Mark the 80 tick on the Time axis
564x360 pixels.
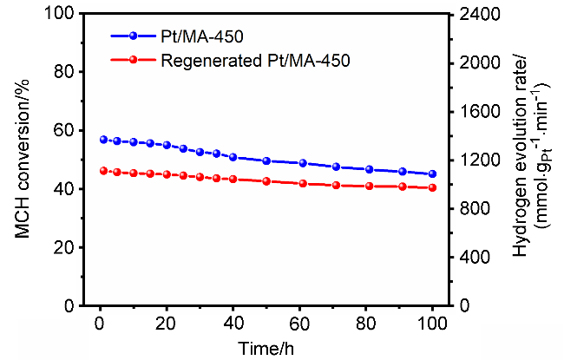pyautogui.click(x=366, y=322)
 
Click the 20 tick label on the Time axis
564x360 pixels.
pyautogui.click(x=167, y=322)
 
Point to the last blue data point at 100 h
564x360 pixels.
pyautogui.click(x=433, y=174)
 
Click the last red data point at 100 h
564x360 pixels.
pyautogui.click(x=433, y=188)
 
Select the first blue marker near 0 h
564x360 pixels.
pyautogui.click(x=103, y=140)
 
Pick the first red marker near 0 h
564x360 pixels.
pyautogui.click(x=103, y=171)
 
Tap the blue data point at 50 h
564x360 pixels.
pyautogui.click(x=266, y=160)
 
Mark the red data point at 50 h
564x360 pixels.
pyautogui.click(x=266, y=181)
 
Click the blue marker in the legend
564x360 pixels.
pyautogui.click(x=133, y=36)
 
